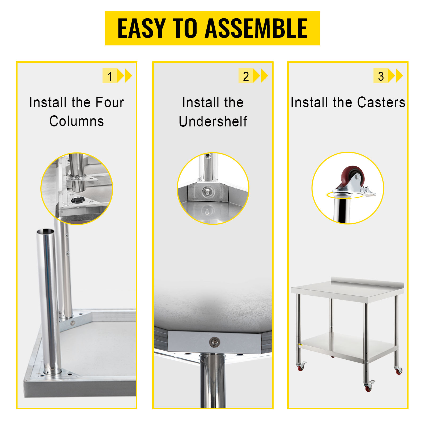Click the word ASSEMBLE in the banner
256,28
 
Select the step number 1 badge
110,76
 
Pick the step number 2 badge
246,76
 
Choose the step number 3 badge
381,76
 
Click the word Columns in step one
76,121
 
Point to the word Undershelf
213,121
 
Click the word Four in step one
110,102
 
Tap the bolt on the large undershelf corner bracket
214,342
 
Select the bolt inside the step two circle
207,191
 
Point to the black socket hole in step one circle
78,200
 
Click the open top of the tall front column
45,231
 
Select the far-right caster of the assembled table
398,370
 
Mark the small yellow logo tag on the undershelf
300,345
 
